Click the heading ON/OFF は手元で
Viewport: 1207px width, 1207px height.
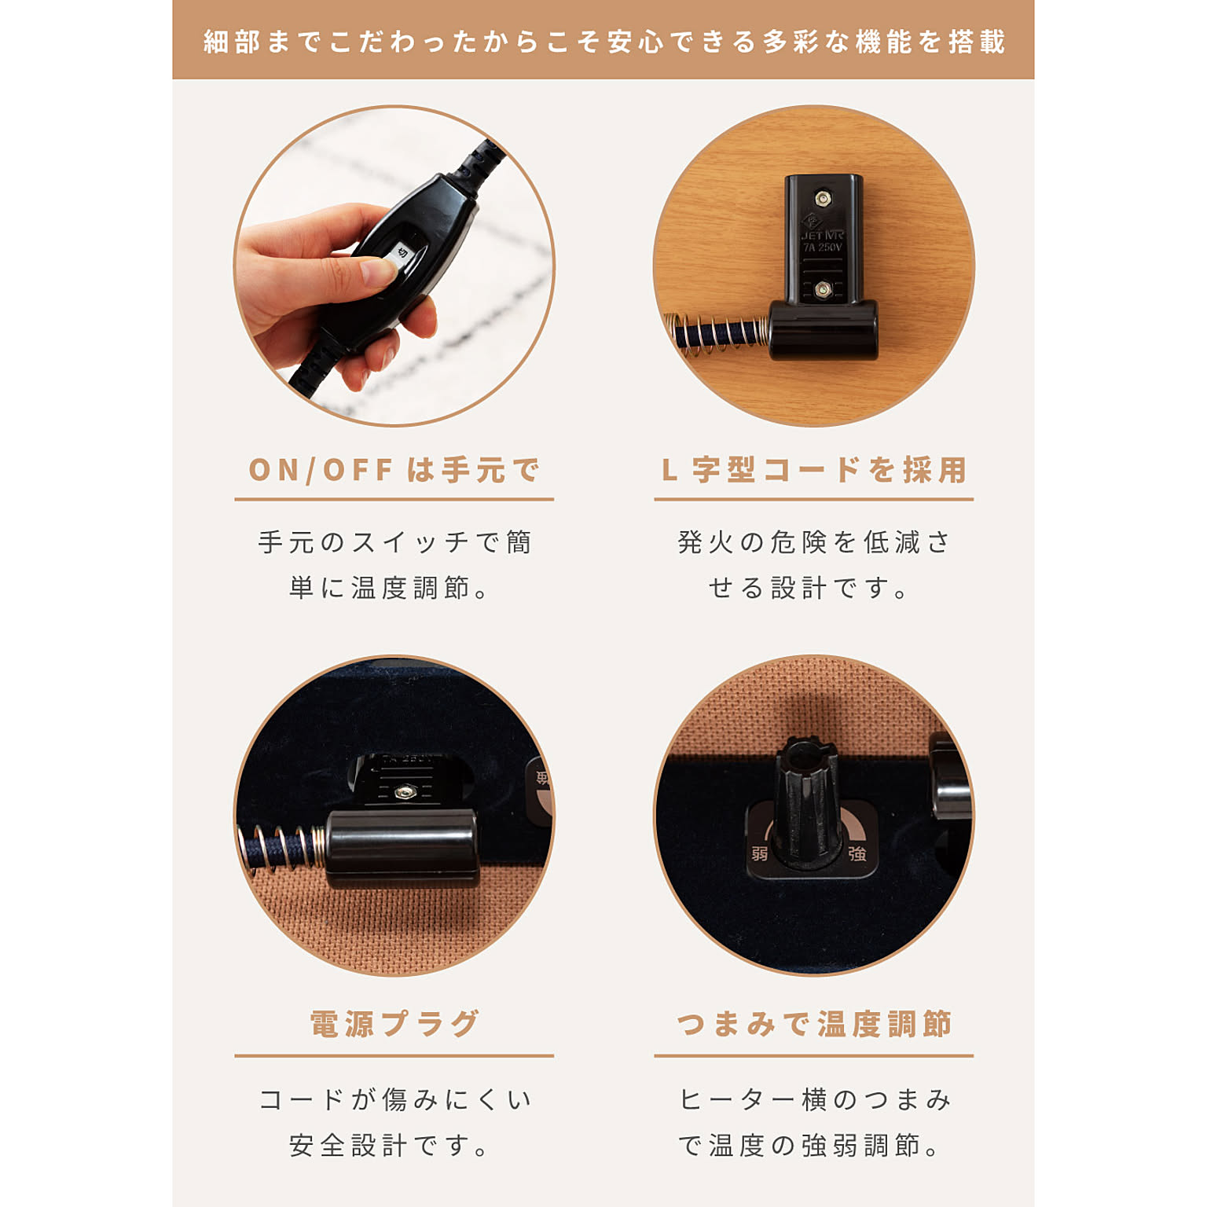point(394,470)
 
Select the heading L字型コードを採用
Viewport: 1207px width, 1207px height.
point(813,470)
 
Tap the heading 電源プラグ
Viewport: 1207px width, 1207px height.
point(394,1024)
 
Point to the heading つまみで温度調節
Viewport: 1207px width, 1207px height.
point(813,1024)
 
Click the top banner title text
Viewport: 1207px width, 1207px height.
point(603,41)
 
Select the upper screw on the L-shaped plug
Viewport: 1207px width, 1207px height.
point(822,198)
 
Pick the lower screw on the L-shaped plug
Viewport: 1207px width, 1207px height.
point(822,290)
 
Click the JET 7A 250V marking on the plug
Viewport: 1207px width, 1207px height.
point(822,241)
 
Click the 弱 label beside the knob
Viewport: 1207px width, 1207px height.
point(760,853)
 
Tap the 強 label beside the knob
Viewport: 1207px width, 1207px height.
point(857,853)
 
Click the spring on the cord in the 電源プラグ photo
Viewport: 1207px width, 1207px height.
point(283,849)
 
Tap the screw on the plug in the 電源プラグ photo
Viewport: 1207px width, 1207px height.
point(405,793)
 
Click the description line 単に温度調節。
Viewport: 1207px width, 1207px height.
point(389,588)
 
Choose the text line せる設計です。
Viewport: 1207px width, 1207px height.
point(809,588)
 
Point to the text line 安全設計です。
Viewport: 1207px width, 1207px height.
point(389,1146)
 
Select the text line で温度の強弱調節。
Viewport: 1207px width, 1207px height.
point(809,1146)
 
